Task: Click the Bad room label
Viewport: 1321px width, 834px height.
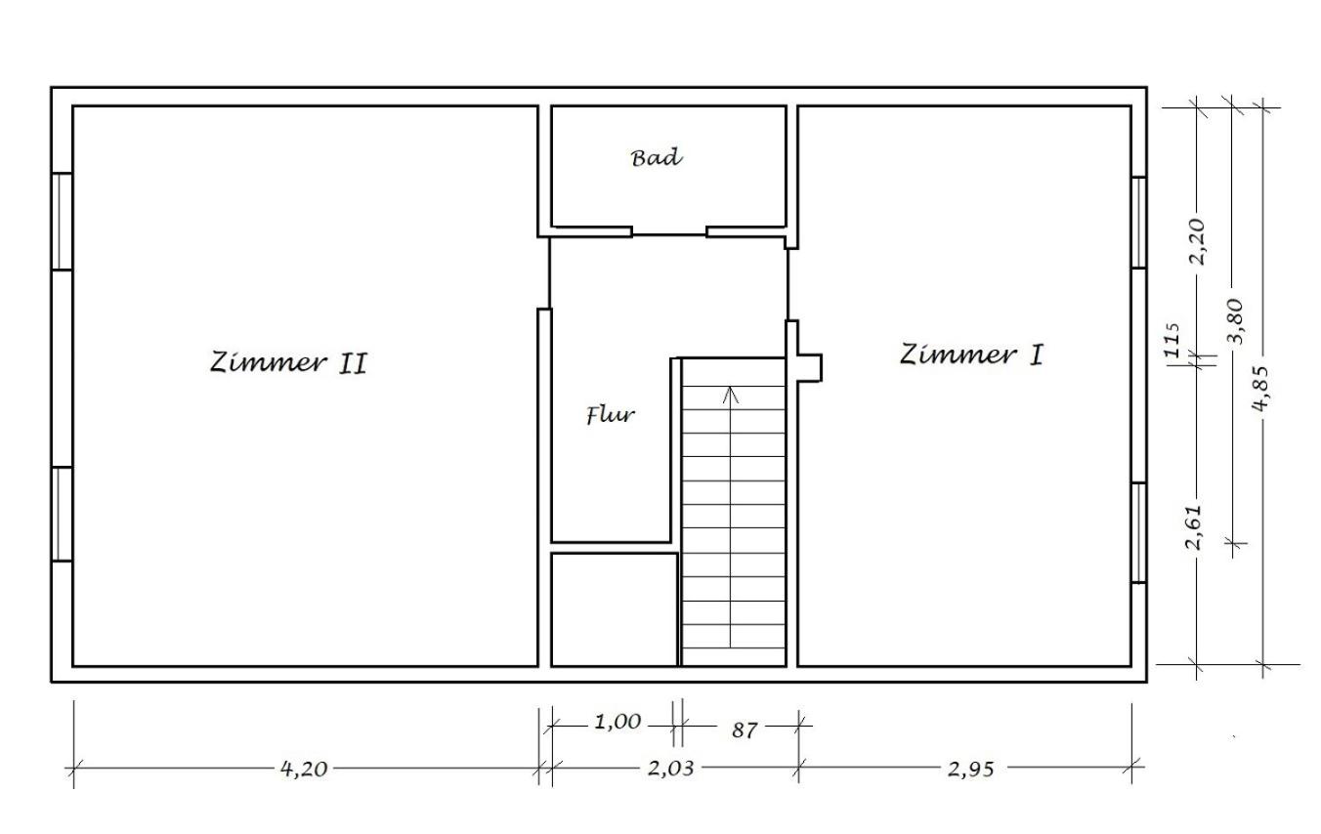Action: (657, 157)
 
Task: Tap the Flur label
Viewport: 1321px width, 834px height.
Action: (611, 414)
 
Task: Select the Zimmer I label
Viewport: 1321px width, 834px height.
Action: (971, 354)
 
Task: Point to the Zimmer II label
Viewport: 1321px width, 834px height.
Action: (288, 362)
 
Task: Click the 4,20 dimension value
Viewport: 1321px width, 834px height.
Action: (304, 769)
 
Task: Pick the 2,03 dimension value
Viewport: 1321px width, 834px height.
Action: (670, 768)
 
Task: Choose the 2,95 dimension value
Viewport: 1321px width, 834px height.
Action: (970, 769)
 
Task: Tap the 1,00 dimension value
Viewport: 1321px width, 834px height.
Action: (618, 722)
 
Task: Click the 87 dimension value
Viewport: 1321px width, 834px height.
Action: (745, 730)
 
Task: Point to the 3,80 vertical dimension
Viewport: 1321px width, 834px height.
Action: (1234, 321)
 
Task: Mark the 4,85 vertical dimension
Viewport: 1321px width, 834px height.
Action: (1260, 389)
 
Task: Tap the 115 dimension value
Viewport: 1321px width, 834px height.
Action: (1173, 340)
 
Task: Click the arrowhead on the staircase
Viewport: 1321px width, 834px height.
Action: (731, 395)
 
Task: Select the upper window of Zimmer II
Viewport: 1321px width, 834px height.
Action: (62, 222)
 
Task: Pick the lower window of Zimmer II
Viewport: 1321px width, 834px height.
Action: (62, 514)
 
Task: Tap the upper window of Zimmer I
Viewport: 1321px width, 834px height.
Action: (1138, 223)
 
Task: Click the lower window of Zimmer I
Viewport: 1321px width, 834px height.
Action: (1138, 533)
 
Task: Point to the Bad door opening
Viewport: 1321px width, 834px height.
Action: (669, 234)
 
